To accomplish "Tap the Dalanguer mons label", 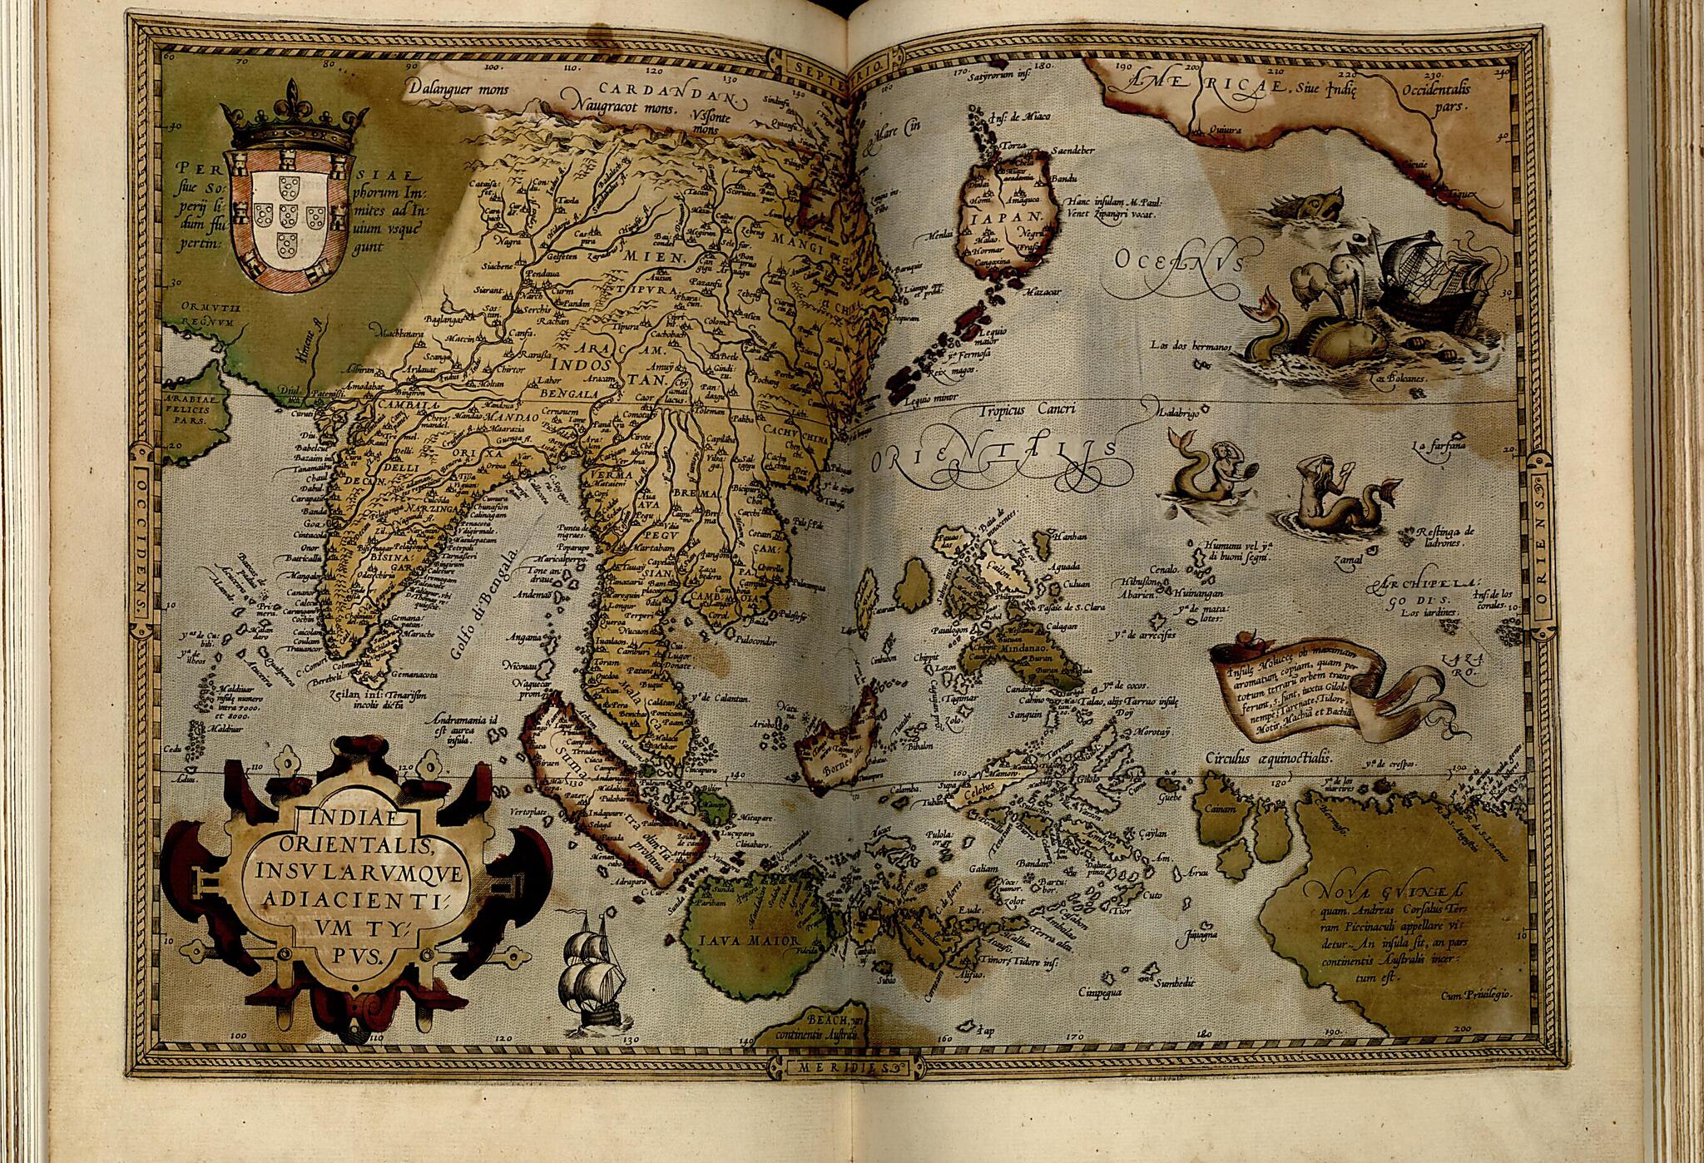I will click(458, 87).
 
